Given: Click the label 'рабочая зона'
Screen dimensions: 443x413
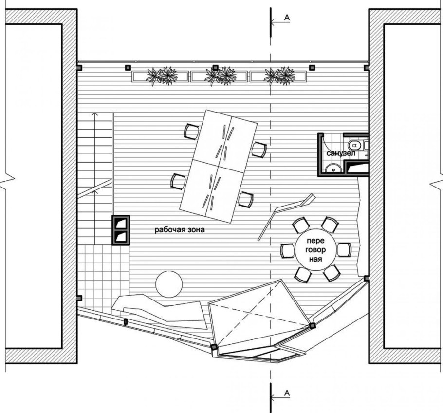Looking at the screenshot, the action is (x=180, y=230).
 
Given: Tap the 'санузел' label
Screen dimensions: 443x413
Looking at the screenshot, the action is (x=341, y=153).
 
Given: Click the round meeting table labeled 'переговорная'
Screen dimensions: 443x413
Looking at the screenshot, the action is (x=315, y=250).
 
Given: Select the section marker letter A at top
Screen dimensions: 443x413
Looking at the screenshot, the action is (x=287, y=18).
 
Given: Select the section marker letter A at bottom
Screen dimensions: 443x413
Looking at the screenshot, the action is (x=287, y=393).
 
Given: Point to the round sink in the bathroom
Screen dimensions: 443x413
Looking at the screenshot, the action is (x=333, y=169).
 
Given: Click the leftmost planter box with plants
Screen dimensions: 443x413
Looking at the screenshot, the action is (x=160, y=76).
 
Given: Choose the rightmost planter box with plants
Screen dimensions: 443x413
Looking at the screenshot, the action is (x=278, y=76).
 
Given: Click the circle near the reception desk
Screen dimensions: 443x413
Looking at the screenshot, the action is (x=169, y=284).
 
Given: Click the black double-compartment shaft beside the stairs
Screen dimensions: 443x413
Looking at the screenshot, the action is (x=121, y=230).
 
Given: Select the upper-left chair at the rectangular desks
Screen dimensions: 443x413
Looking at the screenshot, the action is (x=191, y=131).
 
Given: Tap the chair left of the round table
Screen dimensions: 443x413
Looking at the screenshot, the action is (x=288, y=250).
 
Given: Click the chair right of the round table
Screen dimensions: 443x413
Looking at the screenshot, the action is (x=344, y=250).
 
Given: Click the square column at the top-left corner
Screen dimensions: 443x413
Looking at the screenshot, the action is (x=80, y=68).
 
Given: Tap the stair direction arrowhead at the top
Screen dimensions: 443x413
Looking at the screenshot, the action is (x=95, y=114).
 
